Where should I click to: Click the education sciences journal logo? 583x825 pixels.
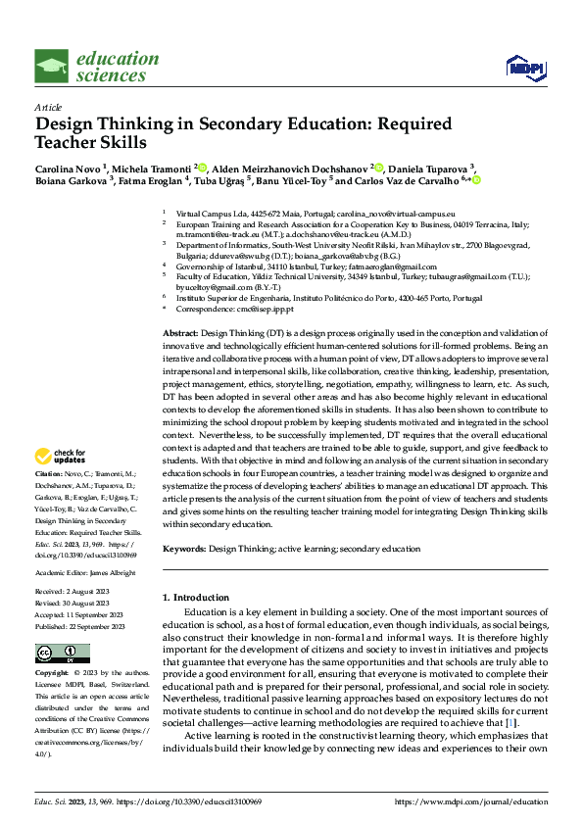coord(96,66)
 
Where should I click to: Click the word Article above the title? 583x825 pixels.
coord(48,106)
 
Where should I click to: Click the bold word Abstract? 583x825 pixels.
coord(182,334)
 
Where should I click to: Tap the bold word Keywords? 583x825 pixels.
coord(184,549)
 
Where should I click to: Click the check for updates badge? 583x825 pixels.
coord(61,456)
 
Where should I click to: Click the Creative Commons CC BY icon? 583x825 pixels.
coord(58,654)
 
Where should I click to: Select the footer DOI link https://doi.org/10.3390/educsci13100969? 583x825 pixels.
coord(201,802)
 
